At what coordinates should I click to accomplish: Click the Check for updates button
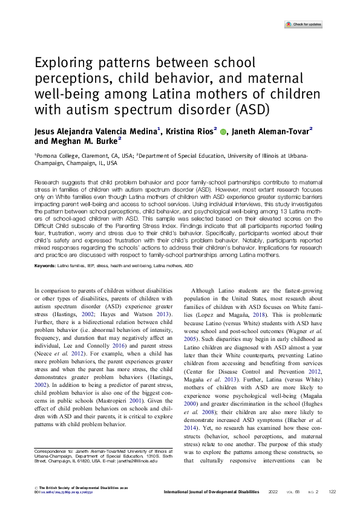[x=303, y=24]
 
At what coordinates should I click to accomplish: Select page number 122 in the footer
[x=332, y=492]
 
